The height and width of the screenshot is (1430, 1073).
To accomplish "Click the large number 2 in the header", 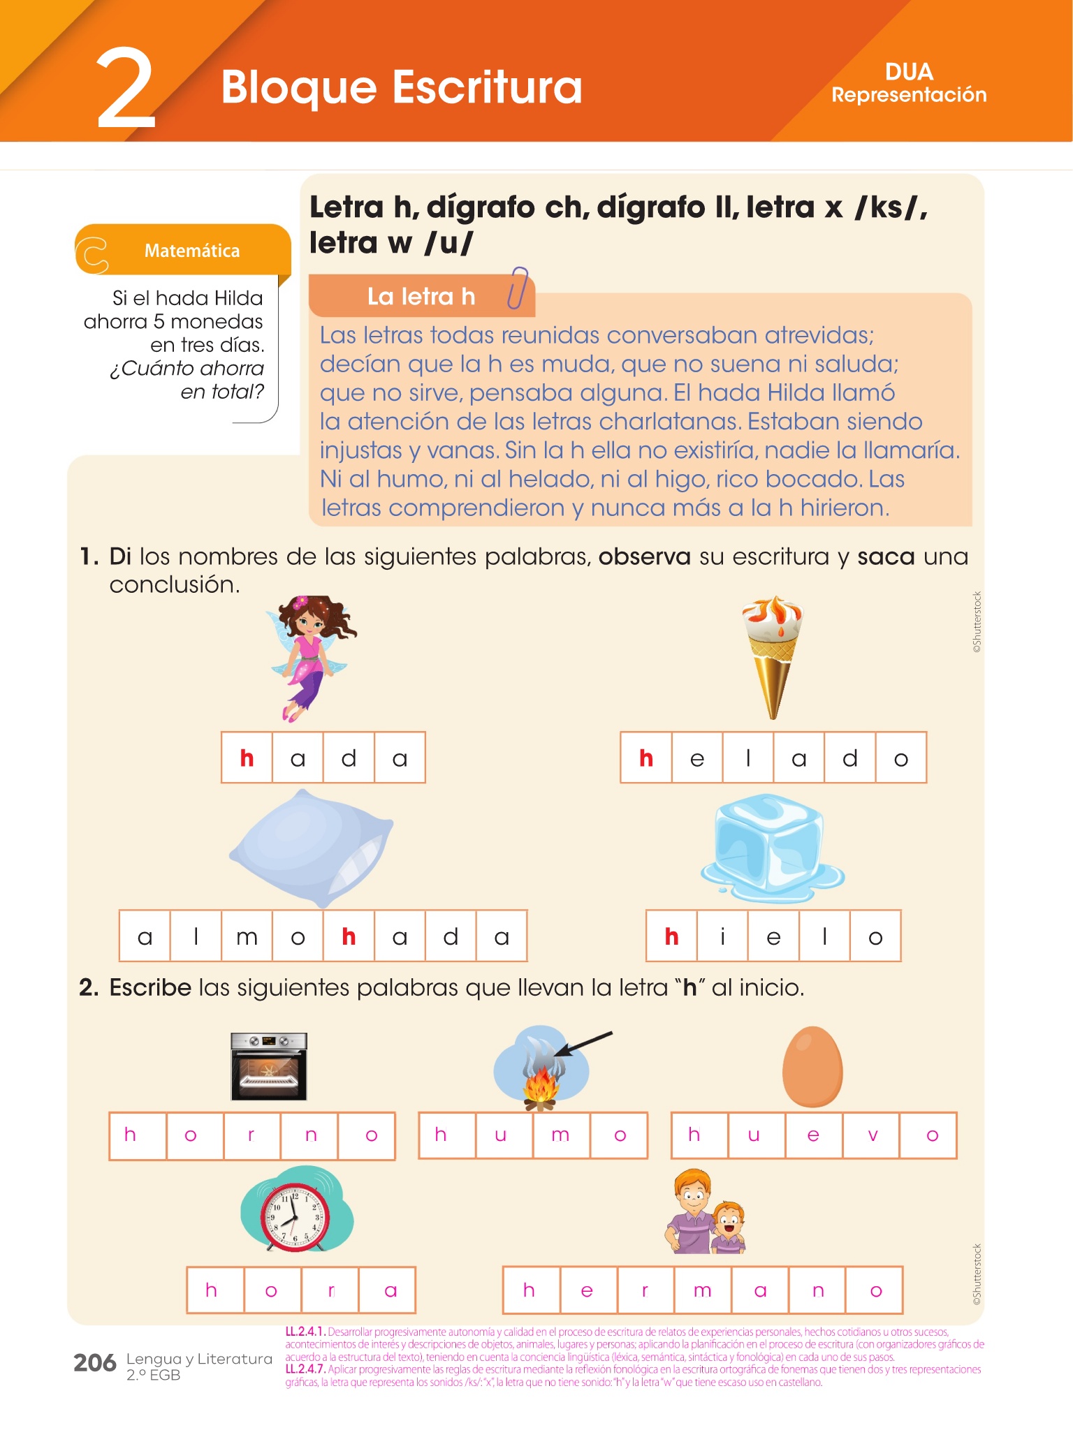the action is [126, 89].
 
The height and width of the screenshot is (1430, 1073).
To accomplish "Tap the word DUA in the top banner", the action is [909, 72].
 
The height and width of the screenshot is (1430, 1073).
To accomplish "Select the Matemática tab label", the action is [191, 251].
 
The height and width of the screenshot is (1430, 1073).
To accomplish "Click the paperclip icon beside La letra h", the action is [518, 287].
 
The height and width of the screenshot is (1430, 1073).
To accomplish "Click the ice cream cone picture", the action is [772, 657].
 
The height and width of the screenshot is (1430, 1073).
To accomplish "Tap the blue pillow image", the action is [311, 848].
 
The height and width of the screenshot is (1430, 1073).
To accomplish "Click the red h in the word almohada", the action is [349, 936].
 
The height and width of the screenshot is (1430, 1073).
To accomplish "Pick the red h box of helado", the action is [646, 758].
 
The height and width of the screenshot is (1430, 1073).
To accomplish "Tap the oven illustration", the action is [269, 1066].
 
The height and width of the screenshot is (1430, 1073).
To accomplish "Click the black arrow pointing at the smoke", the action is [584, 1044].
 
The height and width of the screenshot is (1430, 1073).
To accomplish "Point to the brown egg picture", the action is [812, 1066].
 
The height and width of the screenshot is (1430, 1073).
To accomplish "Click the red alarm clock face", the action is [296, 1216].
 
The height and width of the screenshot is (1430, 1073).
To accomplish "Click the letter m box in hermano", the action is [703, 1290].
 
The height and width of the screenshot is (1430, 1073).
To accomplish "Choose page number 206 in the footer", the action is [95, 1362].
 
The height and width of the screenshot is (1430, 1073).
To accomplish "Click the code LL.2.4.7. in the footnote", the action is [305, 1369].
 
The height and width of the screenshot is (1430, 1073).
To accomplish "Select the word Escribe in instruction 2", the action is [150, 987].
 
